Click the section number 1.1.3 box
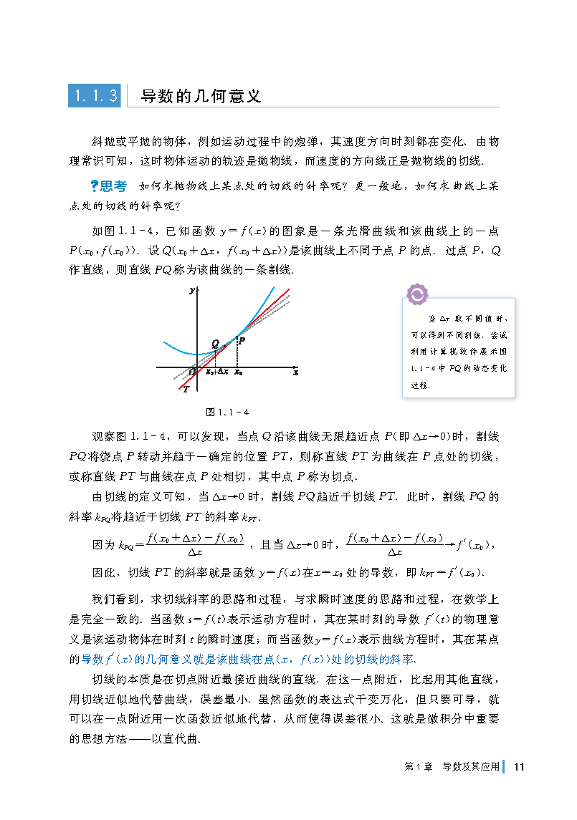coord(95,95)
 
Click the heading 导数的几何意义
coord(200,96)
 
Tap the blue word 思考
coord(114,186)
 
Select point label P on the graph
coord(242,341)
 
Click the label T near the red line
coord(186,389)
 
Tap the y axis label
coord(192,291)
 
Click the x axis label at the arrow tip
coord(295,373)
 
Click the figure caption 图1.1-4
coord(227,412)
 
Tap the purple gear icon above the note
coord(416,294)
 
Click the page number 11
coord(520,766)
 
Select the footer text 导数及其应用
coord(470,766)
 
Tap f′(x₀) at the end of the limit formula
coord(472,545)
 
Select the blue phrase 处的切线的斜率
coord(373,658)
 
